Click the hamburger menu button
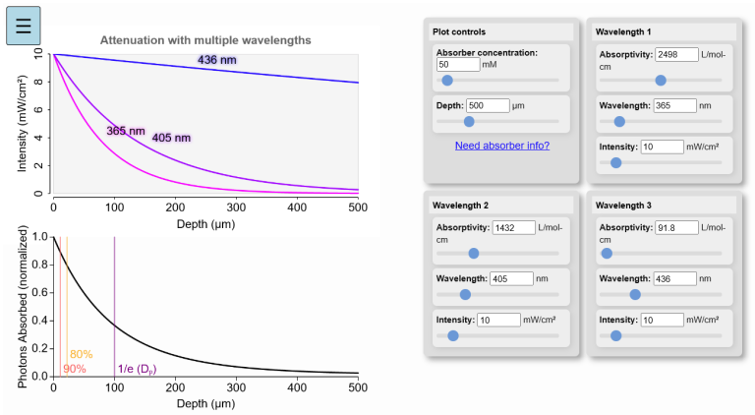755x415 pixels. (24, 25)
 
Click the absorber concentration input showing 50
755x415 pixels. (457, 64)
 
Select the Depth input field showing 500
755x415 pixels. (489, 105)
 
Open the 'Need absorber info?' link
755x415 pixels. (501, 146)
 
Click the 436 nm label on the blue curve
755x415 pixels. (217, 61)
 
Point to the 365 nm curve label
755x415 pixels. (125, 130)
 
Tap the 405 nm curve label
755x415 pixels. (171, 138)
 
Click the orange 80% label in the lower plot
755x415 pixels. (81, 354)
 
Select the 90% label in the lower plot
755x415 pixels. (75, 369)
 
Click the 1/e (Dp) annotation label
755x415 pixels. (137, 369)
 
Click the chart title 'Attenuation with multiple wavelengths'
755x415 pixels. (205, 40)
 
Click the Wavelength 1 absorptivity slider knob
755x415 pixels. (661, 81)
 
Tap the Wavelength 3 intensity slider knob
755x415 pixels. (615, 335)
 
